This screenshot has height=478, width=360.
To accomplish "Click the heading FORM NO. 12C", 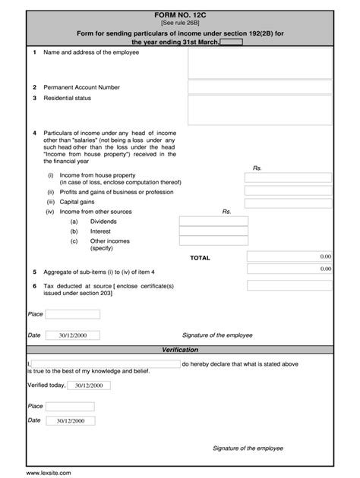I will [x=179, y=14].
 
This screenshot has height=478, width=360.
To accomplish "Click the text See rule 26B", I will [x=179, y=23].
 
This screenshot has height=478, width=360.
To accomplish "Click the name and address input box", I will [x=260, y=64].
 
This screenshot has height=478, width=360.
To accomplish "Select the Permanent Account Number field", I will [x=260, y=87].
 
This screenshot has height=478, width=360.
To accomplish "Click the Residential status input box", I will [x=260, y=110].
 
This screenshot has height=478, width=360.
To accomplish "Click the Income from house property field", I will [x=288, y=178].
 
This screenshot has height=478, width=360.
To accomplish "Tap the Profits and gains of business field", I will [x=288, y=192].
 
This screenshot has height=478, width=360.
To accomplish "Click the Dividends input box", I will [x=213, y=222].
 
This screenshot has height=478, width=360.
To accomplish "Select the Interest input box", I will [x=213, y=231].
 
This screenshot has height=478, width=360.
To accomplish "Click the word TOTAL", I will [x=201, y=258].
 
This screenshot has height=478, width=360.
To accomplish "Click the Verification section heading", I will [x=180, y=350].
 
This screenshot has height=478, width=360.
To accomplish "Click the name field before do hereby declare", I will [x=105, y=364].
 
